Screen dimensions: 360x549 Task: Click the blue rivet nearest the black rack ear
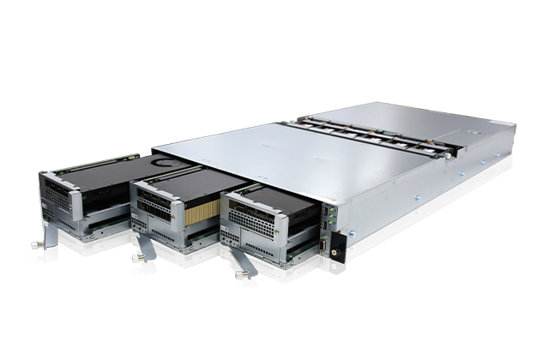[360, 220]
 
